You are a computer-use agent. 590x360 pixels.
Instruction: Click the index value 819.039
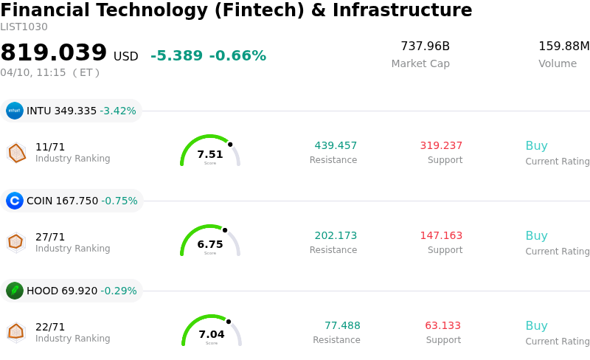pos(54,53)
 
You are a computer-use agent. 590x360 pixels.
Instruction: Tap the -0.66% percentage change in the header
pos(237,56)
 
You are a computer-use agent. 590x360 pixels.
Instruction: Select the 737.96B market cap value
pos(425,46)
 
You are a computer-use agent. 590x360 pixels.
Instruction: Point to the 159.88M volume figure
pos(563,46)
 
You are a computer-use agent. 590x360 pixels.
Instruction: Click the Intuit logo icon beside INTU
pos(15,111)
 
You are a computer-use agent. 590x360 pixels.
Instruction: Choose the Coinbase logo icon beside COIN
pos(15,201)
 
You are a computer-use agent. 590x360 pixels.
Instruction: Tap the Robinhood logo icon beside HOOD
pos(15,291)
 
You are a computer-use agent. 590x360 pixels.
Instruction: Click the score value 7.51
pos(210,154)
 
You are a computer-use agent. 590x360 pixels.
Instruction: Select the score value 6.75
pos(210,244)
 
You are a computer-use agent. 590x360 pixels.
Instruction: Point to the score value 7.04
pos(212,334)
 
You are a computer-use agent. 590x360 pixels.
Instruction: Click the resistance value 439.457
pos(336,145)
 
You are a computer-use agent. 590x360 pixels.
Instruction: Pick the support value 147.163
pos(441,235)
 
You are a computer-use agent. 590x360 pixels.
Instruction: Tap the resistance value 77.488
pos(342,325)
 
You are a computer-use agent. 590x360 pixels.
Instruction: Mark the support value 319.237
pos(441,145)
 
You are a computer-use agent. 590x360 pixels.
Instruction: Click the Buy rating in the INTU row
pos(536,145)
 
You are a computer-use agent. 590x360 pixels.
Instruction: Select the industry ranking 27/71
pos(50,237)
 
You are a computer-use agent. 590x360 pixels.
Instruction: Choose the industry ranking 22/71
pos(50,327)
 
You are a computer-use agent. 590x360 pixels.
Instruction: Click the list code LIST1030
pos(24,27)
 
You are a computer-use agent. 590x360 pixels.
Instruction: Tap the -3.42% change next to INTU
pos(118,111)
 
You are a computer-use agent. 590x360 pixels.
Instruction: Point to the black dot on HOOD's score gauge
pos(229,321)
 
